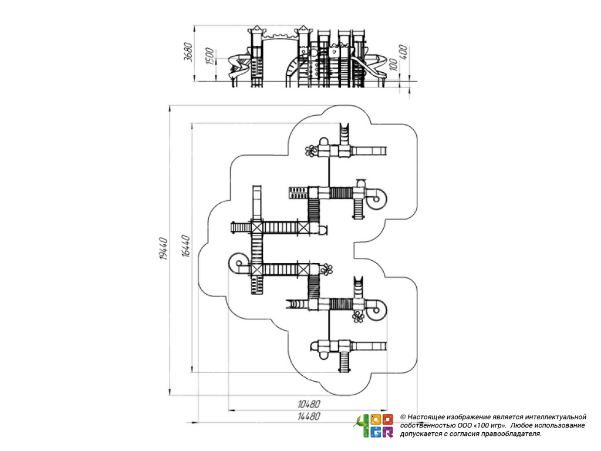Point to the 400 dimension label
(x=403, y=53)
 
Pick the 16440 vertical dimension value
(x=186, y=247)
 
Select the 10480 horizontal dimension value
(x=309, y=404)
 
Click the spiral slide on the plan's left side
(x=239, y=262)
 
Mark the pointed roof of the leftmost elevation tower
(x=256, y=29)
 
